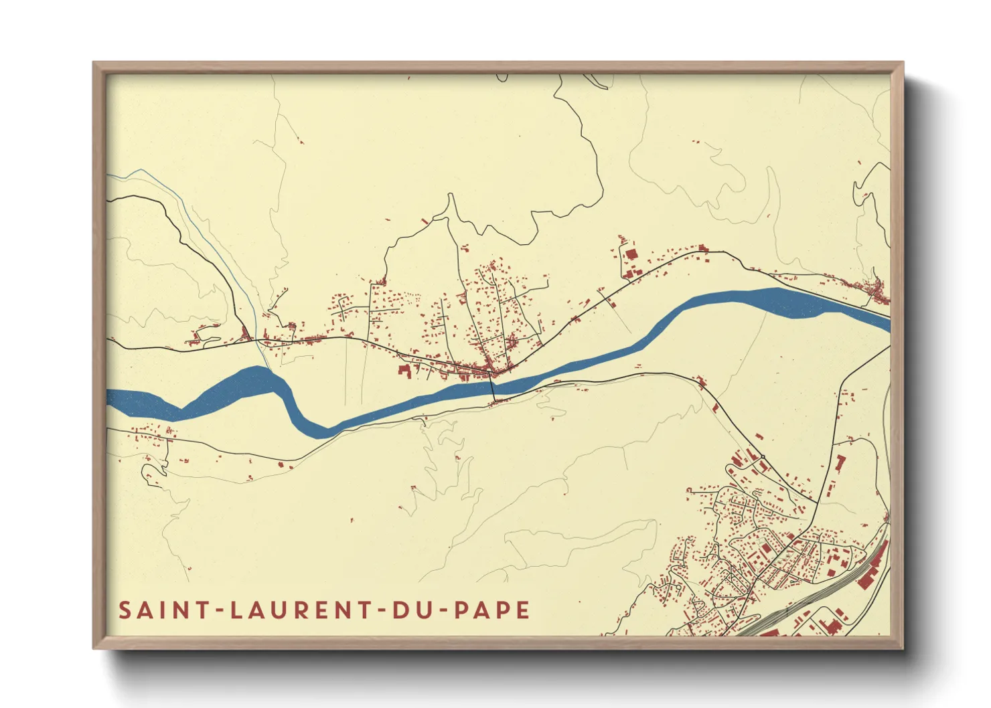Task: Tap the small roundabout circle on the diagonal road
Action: pyautogui.click(x=762, y=457)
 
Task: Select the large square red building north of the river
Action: pyautogui.click(x=630, y=254)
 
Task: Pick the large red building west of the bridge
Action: pyautogui.click(x=404, y=369)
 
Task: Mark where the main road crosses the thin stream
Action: pyautogui.click(x=257, y=340)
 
